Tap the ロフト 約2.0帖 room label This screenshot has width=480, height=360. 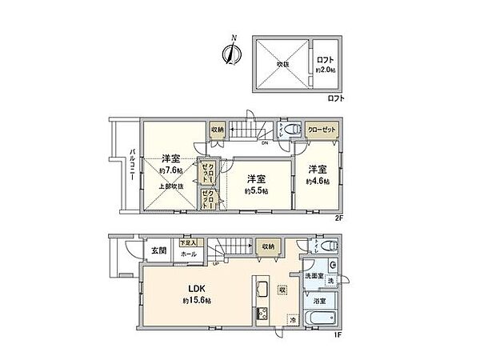click(x=326, y=65)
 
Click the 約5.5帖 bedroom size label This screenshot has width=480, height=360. click(x=256, y=190)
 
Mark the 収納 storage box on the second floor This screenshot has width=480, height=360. click(x=218, y=130)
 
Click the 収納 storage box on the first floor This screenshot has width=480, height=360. click(x=266, y=246)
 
